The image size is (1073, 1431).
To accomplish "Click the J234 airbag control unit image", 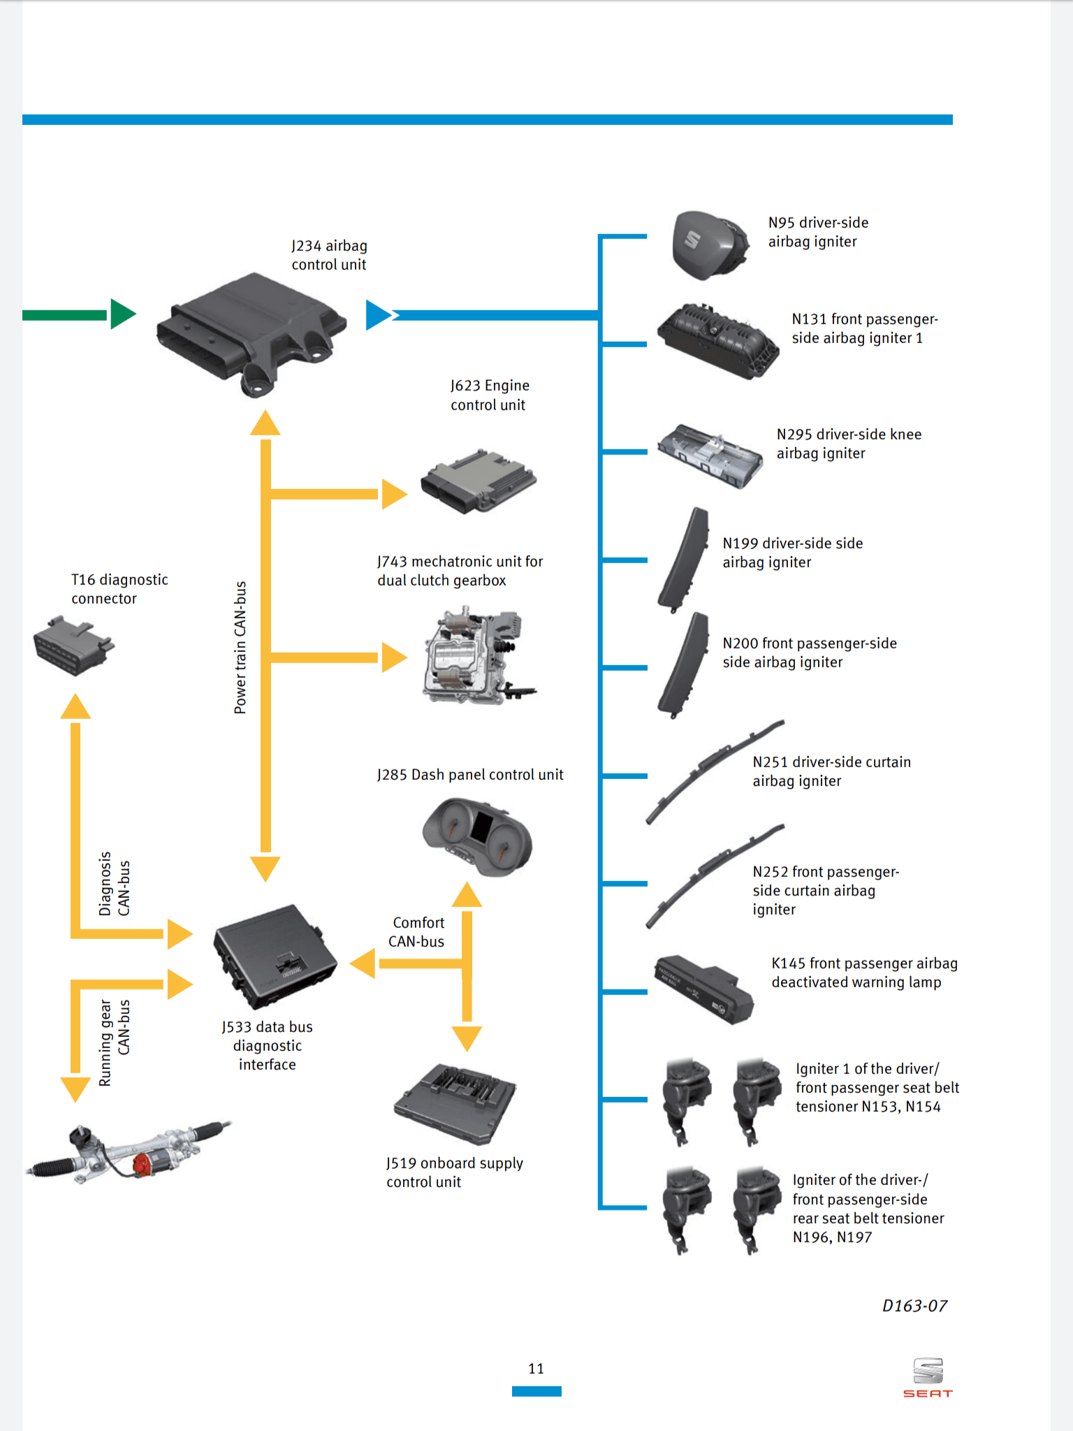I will click(251, 332).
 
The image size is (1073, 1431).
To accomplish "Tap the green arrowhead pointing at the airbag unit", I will click(122, 314).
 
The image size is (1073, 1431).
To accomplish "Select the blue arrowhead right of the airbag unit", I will click(378, 315).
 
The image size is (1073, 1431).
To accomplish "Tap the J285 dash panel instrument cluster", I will click(478, 836).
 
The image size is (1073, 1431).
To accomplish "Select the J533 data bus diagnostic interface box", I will click(275, 957).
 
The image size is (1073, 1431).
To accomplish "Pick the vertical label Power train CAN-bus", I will click(240, 647).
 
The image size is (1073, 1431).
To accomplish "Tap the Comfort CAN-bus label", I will click(417, 932).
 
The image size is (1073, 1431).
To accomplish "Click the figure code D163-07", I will click(914, 1306).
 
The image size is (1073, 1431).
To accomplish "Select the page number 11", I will click(536, 1369).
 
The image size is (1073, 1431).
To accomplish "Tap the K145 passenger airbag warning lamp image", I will click(703, 988).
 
